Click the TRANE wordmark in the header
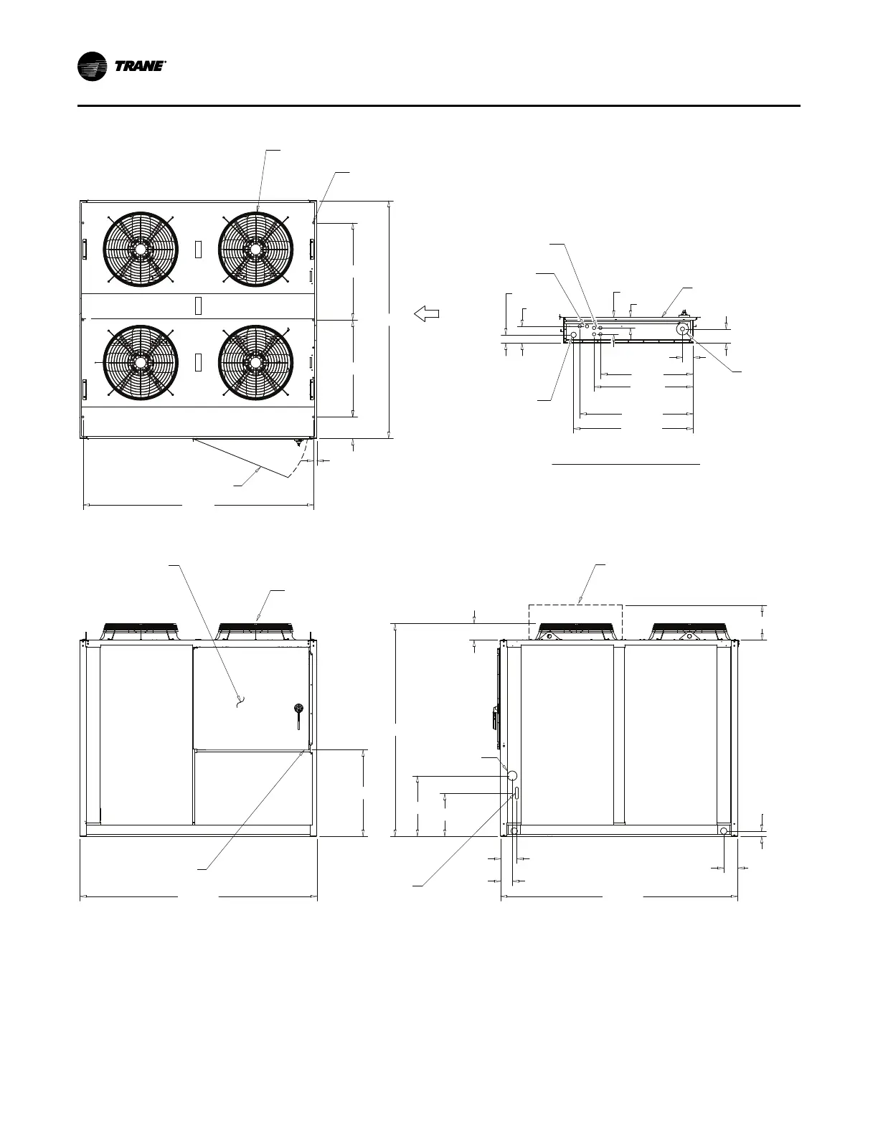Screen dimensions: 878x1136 [x=140, y=67]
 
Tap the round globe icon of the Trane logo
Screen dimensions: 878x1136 [x=93, y=67]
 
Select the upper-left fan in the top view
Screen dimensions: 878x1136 [x=140, y=250]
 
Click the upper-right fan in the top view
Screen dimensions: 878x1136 [x=255, y=250]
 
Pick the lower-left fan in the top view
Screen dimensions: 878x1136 [x=140, y=363]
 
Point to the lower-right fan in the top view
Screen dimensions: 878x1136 [x=255, y=363]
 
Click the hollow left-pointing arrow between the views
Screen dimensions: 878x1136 [x=426, y=313]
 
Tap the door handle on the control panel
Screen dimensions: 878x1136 [x=298, y=716]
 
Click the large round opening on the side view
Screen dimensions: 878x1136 [x=512, y=775]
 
